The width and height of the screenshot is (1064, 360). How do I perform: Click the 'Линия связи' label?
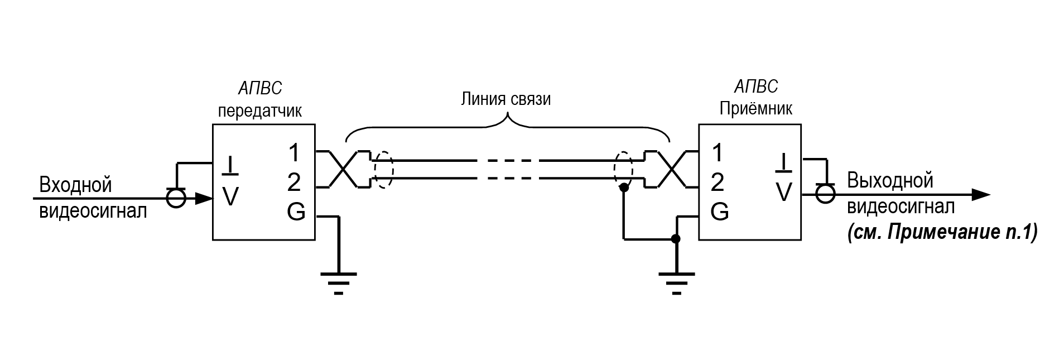505,99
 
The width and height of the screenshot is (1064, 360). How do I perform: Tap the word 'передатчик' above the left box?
259,111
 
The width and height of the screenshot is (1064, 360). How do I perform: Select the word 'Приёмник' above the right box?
755,108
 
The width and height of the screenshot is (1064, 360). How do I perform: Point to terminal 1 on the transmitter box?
294,152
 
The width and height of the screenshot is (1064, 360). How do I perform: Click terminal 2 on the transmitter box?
294,183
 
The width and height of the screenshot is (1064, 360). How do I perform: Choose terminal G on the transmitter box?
296,212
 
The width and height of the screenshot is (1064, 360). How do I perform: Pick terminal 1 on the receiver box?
718,152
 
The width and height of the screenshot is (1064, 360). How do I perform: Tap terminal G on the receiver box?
719,212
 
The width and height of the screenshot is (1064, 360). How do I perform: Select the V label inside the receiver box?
784,193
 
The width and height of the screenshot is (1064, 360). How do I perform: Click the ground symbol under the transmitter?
338,282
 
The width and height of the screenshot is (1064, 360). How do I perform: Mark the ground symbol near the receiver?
676,282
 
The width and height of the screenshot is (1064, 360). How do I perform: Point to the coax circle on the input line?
176,198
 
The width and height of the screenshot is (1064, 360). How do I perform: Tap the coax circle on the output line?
825,194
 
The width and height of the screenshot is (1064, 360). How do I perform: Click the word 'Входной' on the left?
75,185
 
